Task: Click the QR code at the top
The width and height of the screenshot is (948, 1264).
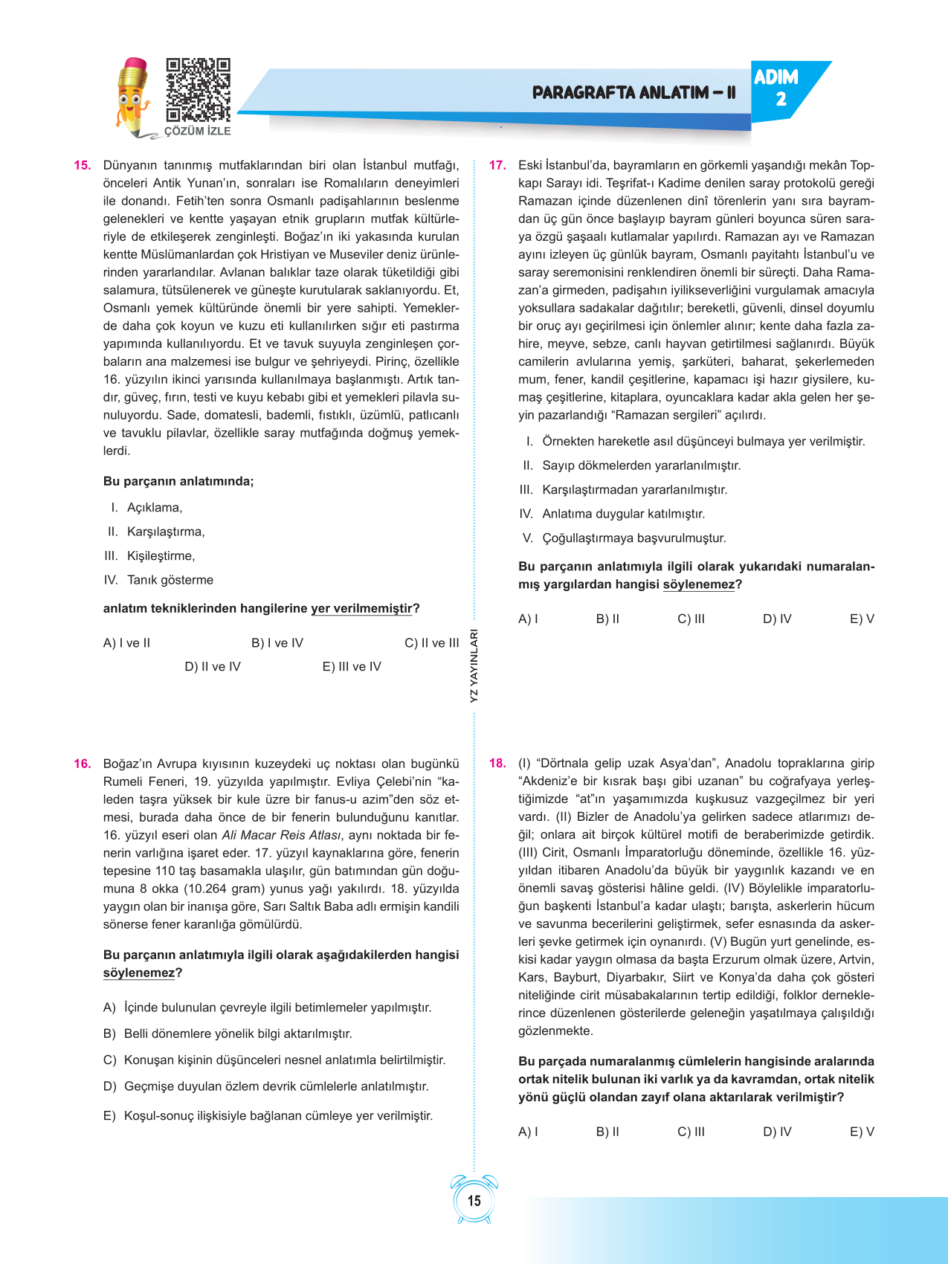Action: click(x=198, y=90)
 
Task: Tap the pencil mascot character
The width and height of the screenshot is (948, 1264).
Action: click(x=133, y=97)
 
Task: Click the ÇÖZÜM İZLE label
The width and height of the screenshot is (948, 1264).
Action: click(x=197, y=131)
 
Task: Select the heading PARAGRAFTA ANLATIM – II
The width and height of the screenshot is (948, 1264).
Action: click(x=633, y=93)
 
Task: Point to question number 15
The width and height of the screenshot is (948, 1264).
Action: click(x=82, y=165)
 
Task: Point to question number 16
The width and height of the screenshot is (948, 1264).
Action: click(x=82, y=764)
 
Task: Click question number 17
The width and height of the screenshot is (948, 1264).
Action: click(x=497, y=165)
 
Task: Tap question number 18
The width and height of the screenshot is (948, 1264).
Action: click(x=497, y=763)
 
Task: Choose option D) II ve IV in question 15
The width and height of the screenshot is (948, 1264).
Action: click(x=213, y=667)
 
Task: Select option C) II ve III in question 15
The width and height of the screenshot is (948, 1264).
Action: click(x=431, y=643)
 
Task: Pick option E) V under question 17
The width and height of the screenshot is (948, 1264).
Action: click(x=862, y=619)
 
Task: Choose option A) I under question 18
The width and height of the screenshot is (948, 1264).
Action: click(x=528, y=1132)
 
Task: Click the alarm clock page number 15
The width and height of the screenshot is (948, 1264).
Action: click(x=474, y=1200)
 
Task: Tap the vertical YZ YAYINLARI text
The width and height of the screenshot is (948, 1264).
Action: click(x=474, y=666)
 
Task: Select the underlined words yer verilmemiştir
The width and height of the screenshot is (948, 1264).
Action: click(x=361, y=608)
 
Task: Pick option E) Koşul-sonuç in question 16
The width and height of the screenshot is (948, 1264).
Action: click(x=268, y=1115)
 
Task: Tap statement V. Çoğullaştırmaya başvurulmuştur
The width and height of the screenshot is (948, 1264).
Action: click(x=625, y=538)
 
